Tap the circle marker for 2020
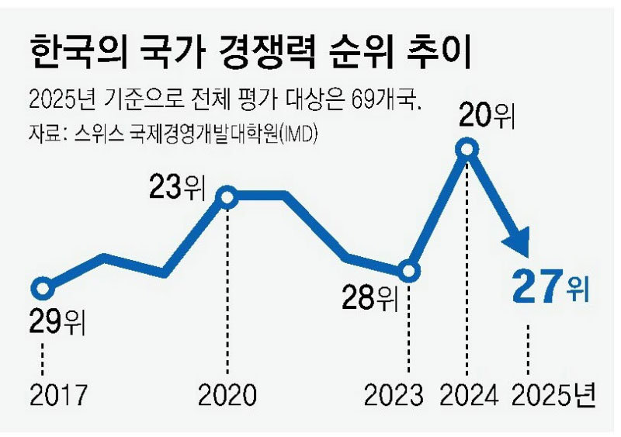[227, 197]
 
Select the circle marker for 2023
[410, 272]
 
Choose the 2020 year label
[227, 396]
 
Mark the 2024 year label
[467, 396]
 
